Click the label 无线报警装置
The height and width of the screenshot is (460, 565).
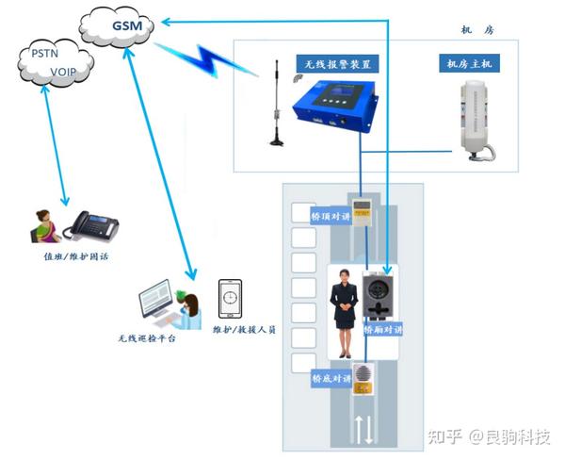tap(338, 64)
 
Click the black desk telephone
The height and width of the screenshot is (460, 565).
tap(93, 225)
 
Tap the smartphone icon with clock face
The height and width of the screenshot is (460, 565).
tap(231, 300)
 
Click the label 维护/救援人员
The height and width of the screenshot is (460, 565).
tap(243, 330)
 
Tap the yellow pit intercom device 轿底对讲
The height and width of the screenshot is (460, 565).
tap(363, 378)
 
